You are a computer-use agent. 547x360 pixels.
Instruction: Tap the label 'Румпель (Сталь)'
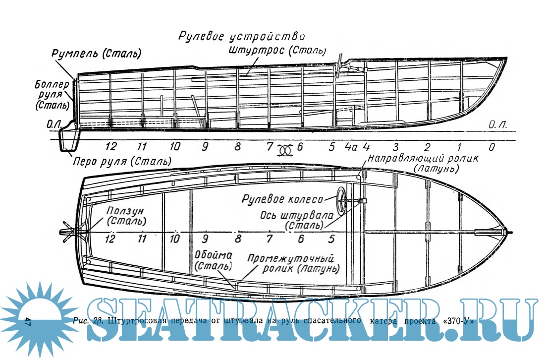96,53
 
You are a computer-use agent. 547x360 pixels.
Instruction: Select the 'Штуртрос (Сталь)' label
277,50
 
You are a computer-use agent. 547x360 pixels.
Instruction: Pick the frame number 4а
351,147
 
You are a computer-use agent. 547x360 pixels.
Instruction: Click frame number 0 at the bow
491,147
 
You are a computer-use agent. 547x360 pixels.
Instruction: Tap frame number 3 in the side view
395,147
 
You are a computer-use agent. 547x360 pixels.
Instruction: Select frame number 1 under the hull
459,147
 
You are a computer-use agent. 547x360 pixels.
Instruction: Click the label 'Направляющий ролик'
423,159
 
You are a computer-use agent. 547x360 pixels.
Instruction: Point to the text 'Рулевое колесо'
282,199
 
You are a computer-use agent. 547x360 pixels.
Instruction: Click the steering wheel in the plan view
342,201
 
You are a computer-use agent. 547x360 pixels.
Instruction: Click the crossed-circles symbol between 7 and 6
285,149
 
